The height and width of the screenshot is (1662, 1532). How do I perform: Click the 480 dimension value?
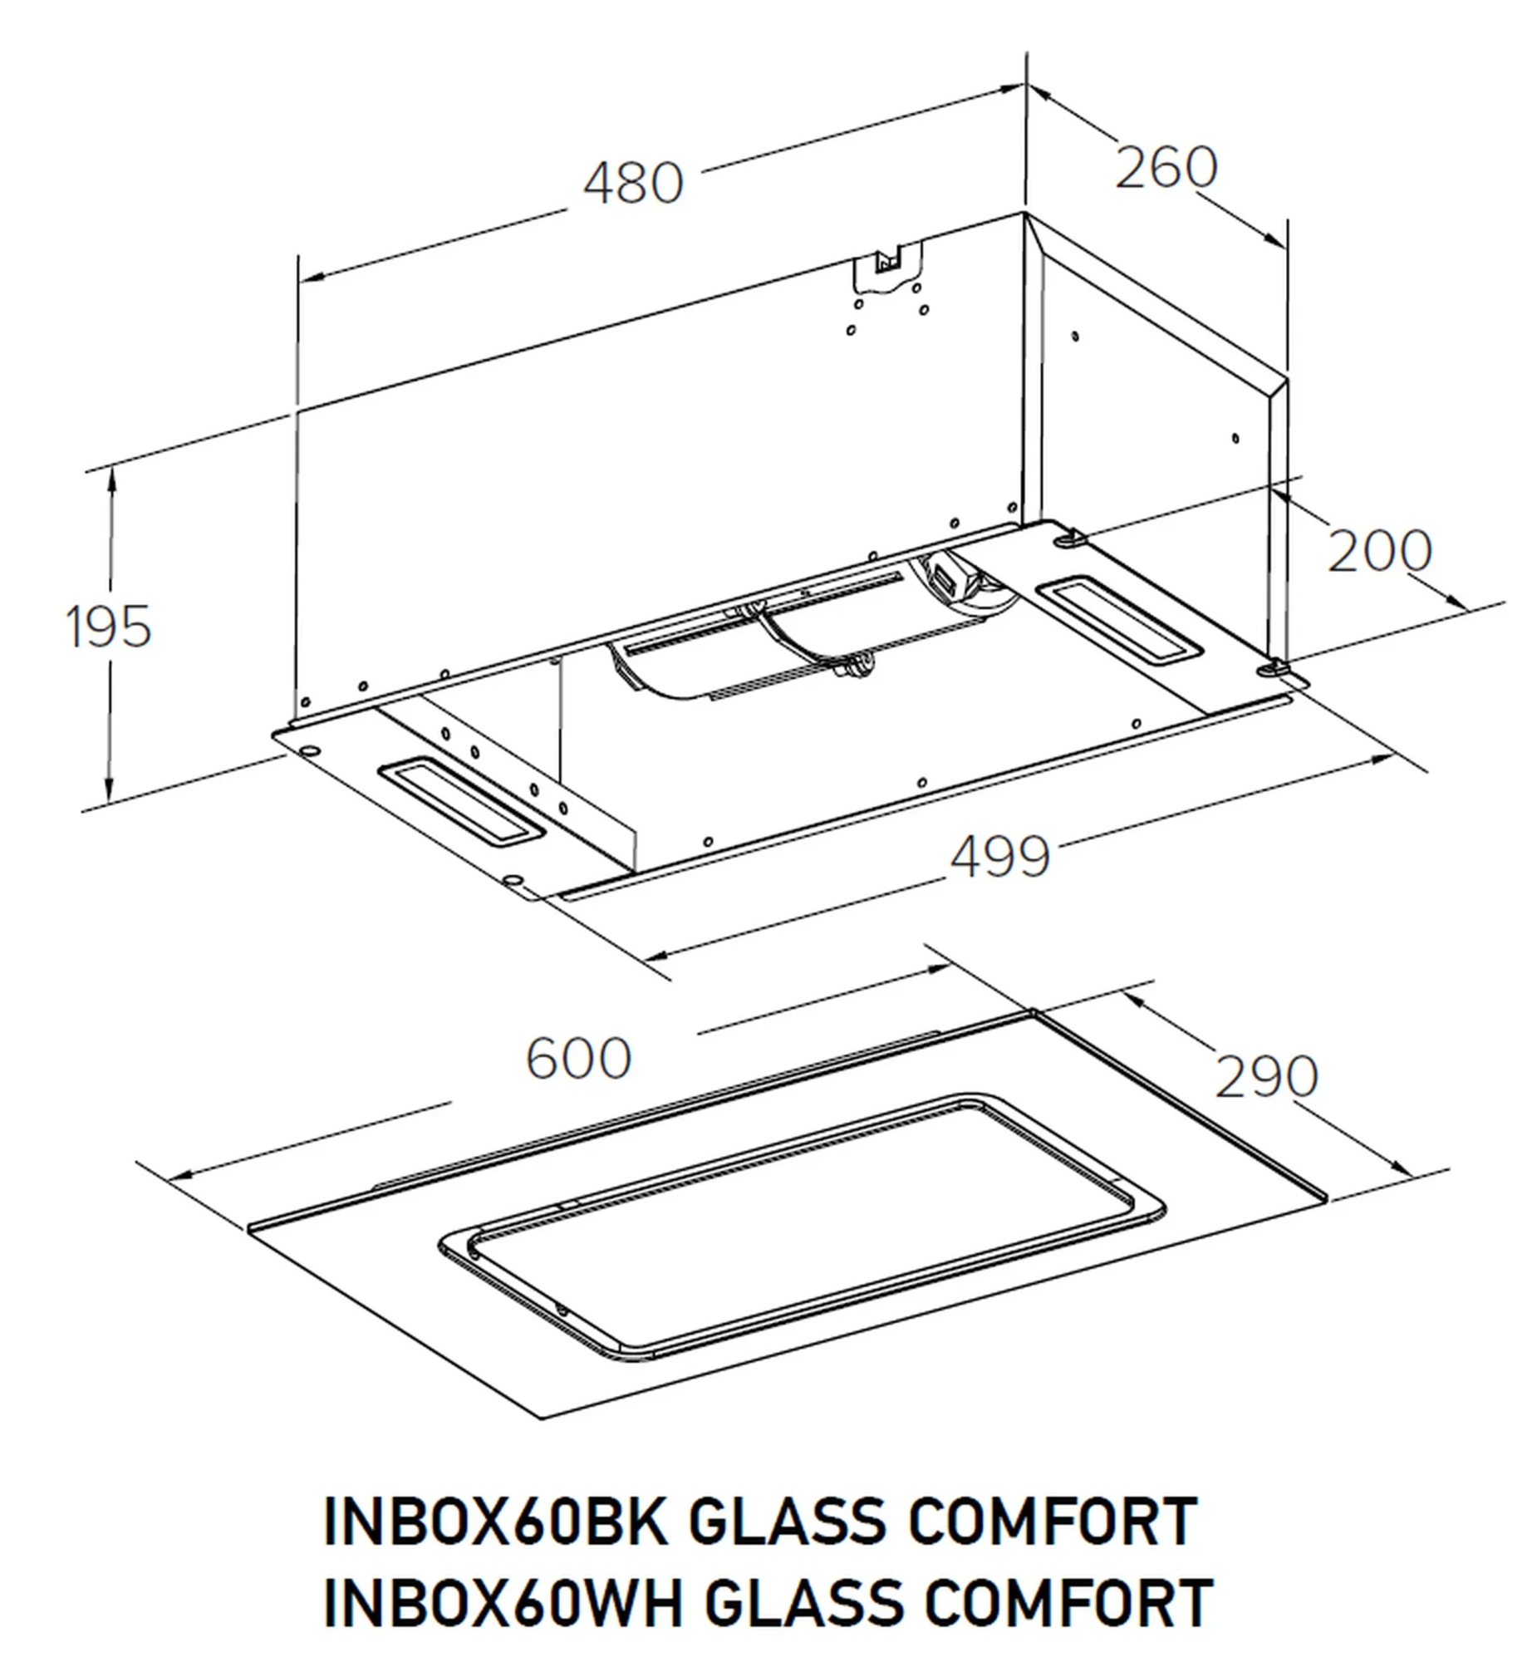pyautogui.click(x=633, y=184)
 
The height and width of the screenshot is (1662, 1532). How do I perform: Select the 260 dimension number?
pyautogui.click(x=1165, y=168)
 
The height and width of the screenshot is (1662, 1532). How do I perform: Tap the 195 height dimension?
pyautogui.click(x=109, y=627)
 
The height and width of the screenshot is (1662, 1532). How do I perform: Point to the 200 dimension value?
pyautogui.click(x=1379, y=550)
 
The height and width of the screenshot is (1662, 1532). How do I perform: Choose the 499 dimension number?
pyautogui.click(x=999, y=857)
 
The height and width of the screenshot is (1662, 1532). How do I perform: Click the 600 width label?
pyautogui.click(x=578, y=1059)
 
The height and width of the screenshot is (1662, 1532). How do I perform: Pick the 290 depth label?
pyautogui.click(x=1266, y=1077)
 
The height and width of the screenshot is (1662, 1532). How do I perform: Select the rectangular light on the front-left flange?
pyautogui.click(x=462, y=802)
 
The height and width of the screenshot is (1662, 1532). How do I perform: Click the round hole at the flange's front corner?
pyautogui.click(x=513, y=878)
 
